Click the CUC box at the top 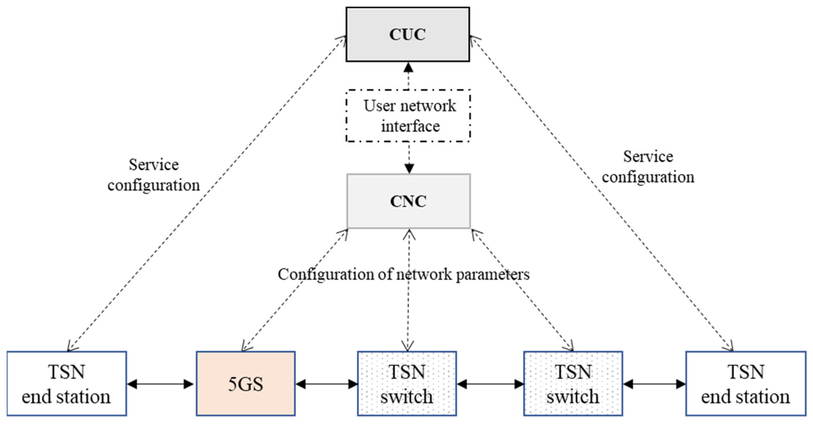(408, 34)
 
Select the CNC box (409, 201)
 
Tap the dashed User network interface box (409, 116)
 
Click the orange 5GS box (245, 384)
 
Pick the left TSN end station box (67, 384)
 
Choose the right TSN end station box (745, 384)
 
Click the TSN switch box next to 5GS (407, 384)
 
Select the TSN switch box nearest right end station (573, 384)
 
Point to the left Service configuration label (154, 175)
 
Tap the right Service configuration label (648, 167)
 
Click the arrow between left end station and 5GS (160, 384)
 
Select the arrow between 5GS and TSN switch (327, 384)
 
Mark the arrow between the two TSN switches (490, 384)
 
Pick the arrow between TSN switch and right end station (655, 384)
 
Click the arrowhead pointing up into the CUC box (409, 67)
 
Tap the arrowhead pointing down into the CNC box (409, 169)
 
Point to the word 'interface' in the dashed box (410, 126)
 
